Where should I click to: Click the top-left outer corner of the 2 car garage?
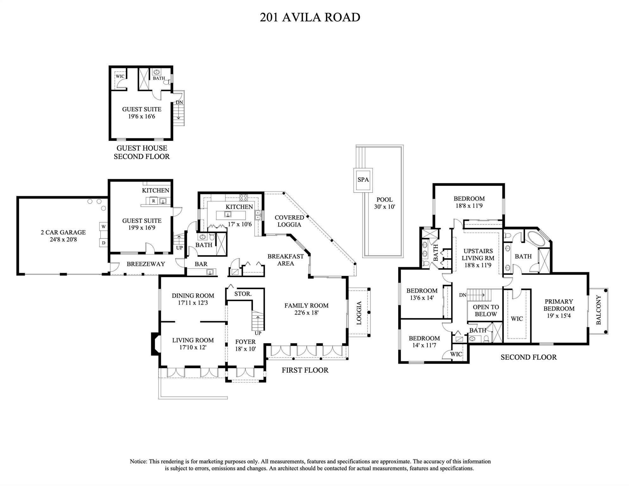(17, 197)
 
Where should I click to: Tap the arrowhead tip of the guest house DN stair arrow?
(179, 119)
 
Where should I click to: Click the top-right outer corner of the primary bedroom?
(588, 273)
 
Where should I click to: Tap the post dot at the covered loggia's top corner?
(284, 193)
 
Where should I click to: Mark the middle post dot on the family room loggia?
(369, 312)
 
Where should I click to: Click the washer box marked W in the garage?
(103, 227)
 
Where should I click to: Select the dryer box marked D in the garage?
(103, 243)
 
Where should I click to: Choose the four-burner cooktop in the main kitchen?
(243, 198)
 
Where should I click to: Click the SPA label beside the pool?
(363, 180)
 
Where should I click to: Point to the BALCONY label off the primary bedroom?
(598, 310)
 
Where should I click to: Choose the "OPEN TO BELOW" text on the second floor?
(486, 311)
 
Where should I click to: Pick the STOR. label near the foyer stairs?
(243, 294)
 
